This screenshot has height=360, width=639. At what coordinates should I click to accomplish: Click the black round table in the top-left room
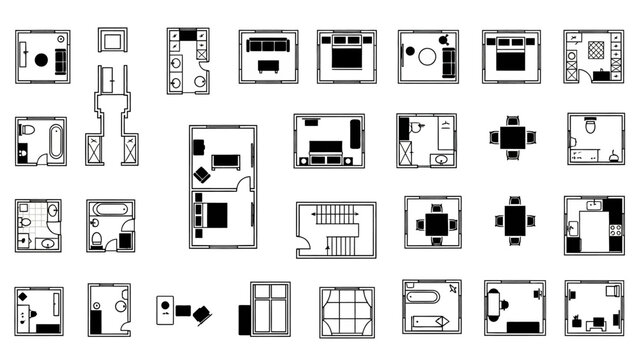(41, 60)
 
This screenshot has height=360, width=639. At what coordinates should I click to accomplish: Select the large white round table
(427, 57)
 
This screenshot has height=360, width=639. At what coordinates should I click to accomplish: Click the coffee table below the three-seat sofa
(268, 66)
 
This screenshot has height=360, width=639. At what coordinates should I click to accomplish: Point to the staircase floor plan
(336, 230)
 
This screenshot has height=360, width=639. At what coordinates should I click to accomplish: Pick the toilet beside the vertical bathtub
(27, 132)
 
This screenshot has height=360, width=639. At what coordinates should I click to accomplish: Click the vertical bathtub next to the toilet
(54, 141)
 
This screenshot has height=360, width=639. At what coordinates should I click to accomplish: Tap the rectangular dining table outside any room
(513, 220)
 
